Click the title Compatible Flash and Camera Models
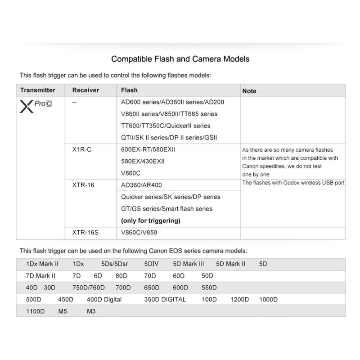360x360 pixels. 180,59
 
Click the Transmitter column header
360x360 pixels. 38,90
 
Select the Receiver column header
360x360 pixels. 85,90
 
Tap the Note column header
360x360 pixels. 249,90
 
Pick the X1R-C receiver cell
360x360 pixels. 82,149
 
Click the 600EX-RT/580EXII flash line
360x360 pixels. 149,149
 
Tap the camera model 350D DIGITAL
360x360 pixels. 165,299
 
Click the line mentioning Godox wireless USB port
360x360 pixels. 293,183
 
